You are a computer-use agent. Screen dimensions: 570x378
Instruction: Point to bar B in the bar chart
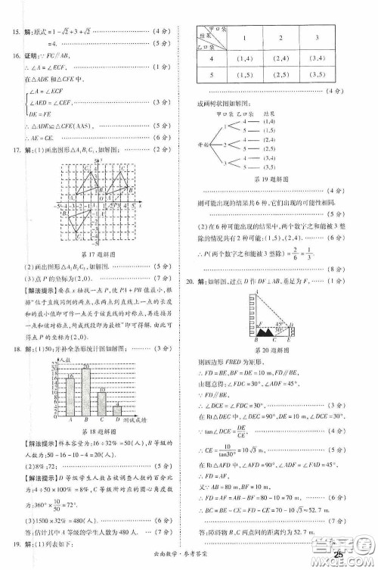(85, 391)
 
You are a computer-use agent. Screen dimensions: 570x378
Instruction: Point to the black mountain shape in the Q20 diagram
(266, 332)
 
